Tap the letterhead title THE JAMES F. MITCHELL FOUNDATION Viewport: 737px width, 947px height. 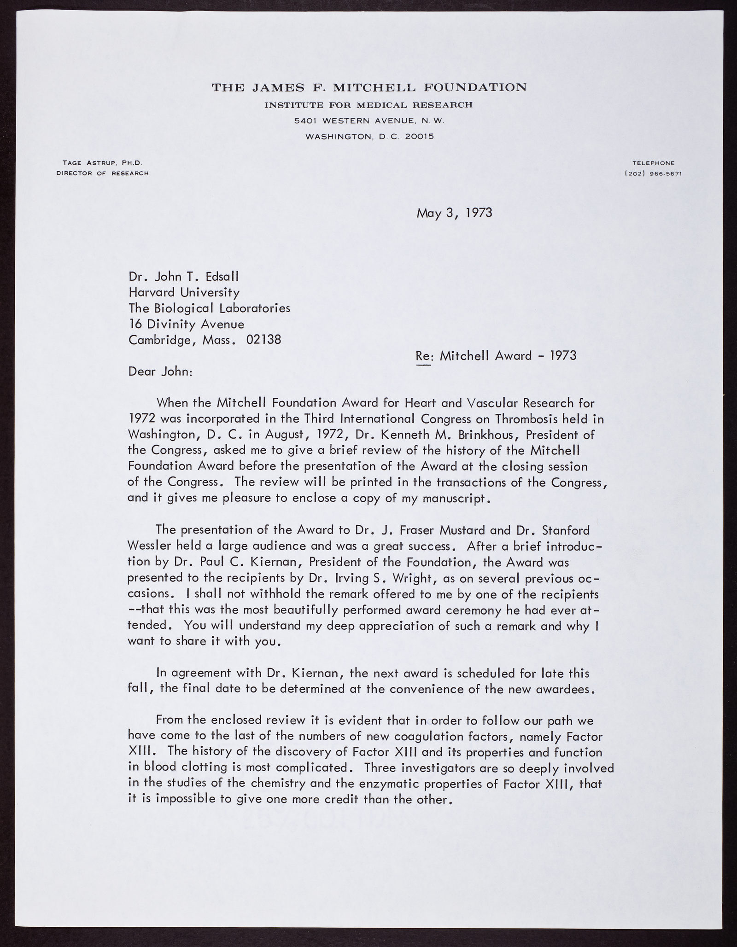click(x=368, y=87)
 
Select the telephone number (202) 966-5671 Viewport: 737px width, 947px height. click(x=653, y=174)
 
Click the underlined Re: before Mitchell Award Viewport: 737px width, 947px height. click(x=423, y=355)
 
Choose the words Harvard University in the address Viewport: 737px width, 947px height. click(x=184, y=292)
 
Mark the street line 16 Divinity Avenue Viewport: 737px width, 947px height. click(x=186, y=324)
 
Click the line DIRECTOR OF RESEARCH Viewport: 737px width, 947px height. click(x=102, y=174)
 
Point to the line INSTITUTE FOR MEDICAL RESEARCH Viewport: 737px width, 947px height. click(x=368, y=105)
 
